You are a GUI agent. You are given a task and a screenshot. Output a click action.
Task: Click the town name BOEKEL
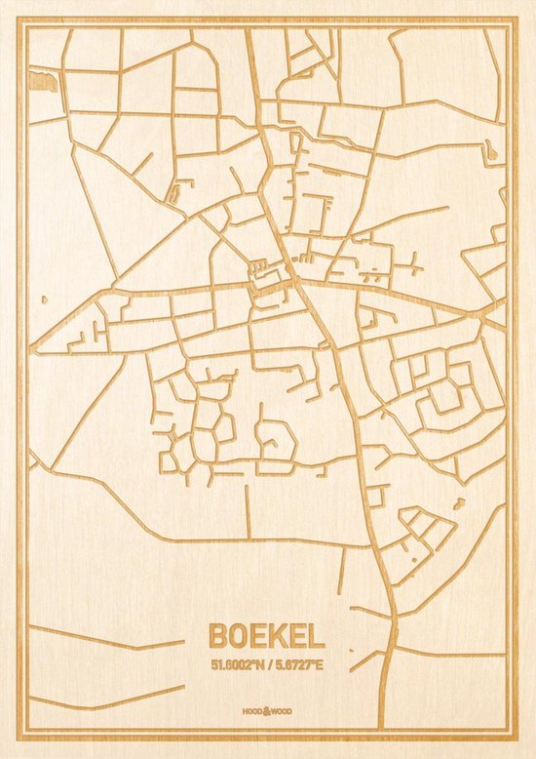(266, 636)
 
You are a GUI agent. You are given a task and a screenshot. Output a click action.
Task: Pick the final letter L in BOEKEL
(316, 636)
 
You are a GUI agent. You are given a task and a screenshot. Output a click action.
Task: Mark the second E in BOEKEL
(297, 636)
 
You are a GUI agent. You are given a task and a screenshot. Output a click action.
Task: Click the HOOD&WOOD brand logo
(266, 713)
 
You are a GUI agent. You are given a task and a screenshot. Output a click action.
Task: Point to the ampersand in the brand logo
(266, 713)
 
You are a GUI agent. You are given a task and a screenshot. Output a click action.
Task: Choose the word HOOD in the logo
(254, 713)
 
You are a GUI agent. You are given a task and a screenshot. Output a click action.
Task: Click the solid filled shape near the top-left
(42, 80)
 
